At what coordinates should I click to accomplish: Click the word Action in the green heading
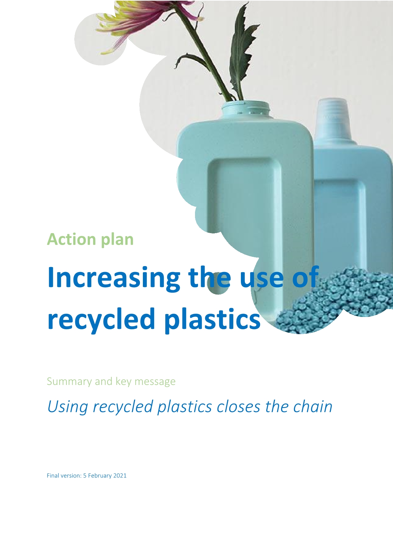point(72,239)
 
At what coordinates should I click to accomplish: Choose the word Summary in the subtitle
point(69,381)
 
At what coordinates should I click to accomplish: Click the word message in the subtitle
point(155,381)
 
